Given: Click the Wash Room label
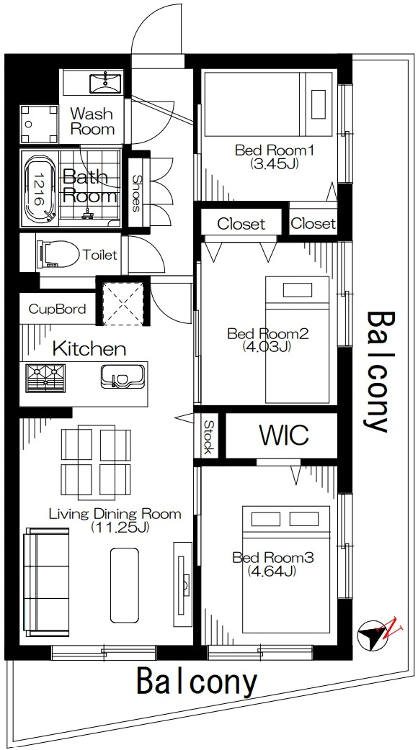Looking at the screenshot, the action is click(x=92, y=122).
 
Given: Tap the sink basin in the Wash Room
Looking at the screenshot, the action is click(x=105, y=82).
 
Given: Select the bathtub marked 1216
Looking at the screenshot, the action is click(x=39, y=190).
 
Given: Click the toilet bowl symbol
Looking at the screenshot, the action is click(x=58, y=255).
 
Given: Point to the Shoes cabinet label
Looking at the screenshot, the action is click(x=136, y=193).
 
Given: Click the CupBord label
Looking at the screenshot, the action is click(x=58, y=309).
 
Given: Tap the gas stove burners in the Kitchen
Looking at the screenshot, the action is click(x=45, y=377).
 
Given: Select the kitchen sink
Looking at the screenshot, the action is click(x=122, y=376).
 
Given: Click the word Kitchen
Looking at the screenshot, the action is click(x=89, y=348).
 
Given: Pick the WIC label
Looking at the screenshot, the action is click(x=283, y=434).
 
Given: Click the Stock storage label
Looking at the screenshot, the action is click(x=208, y=437).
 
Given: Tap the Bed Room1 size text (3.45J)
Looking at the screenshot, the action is click(x=274, y=164).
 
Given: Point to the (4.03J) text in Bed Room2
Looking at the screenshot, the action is click(x=267, y=346).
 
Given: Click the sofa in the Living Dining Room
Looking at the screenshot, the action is click(x=40, y=582).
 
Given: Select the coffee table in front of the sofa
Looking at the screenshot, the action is click(x=125, y=585).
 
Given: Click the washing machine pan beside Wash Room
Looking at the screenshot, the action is click(x=39, y=124).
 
